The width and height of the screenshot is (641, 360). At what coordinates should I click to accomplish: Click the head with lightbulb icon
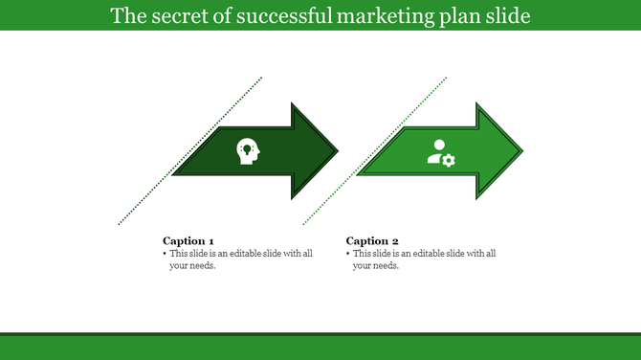247,151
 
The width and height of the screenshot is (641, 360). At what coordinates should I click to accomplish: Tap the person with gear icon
440,152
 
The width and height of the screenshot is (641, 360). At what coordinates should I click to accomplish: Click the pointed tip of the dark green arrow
338,151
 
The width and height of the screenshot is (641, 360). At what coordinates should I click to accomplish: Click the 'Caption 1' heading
188,240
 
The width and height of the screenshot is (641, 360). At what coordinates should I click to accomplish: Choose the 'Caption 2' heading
372,240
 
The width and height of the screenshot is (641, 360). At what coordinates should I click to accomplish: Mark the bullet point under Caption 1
165,254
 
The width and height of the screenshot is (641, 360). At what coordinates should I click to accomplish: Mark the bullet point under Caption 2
348,254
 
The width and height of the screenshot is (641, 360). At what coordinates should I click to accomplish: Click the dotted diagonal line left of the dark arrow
190,151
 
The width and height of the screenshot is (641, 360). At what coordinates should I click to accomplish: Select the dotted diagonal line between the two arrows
375,151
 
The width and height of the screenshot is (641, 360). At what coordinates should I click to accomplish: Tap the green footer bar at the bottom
320,347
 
